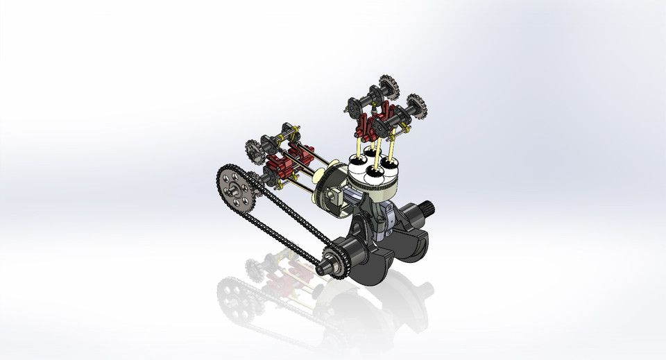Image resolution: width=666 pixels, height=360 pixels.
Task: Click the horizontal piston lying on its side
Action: tap(330, 186)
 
